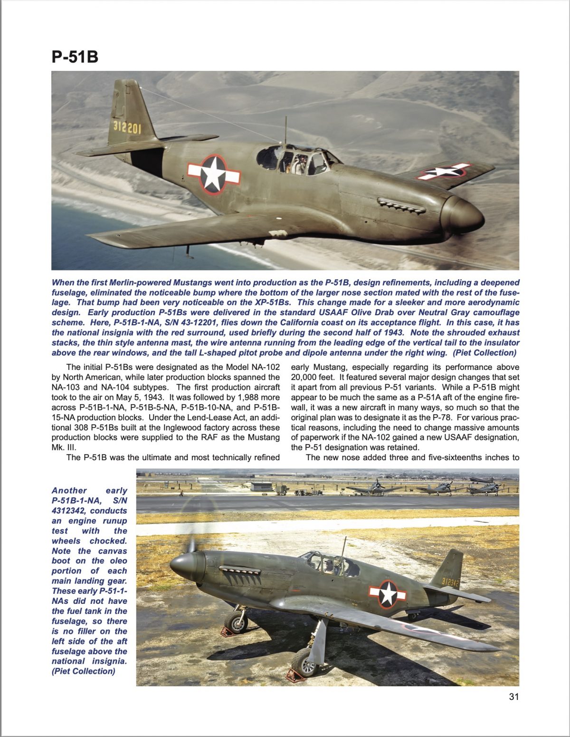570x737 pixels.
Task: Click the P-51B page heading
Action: [x=75, y=57]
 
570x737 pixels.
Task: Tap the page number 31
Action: [x=513, y=697]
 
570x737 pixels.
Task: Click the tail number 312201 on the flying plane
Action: [x=127, y=127]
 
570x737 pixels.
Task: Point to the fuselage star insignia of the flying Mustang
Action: [x=213, y=174]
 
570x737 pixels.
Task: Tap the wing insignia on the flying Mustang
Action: [x=444, y=171]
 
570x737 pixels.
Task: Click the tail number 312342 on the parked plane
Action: [x=450, y=582]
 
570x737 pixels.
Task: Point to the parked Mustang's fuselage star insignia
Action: [x=388, y=593]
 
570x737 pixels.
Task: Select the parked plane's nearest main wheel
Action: [x=304, y=662]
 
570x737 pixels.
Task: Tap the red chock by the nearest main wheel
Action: [x=295, y=675]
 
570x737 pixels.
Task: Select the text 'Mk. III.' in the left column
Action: [x=64, y=447]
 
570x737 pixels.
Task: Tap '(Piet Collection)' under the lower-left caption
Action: [x=83, y=671]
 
